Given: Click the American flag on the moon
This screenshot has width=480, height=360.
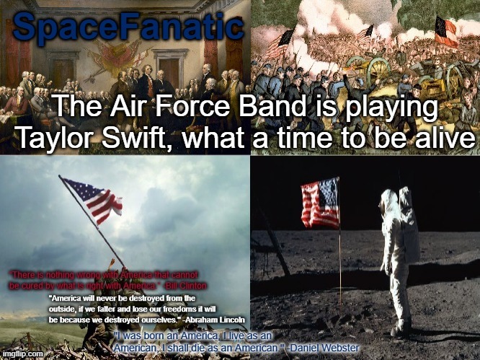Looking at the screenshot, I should pos(321,203).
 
